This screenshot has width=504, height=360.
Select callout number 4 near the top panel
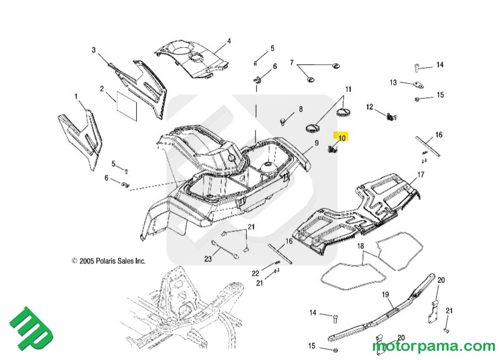point(229,41)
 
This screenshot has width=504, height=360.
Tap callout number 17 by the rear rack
point(421,175)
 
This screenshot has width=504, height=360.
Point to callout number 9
point(317,143)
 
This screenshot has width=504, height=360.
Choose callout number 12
point(369,107)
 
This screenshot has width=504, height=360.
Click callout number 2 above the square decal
point(102,89)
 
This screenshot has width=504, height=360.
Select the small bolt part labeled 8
point(284,121)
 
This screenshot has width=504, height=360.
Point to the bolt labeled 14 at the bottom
point(335,317)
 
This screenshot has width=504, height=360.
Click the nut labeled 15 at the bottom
point(336,349)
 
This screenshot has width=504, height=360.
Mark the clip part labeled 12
point(390,117)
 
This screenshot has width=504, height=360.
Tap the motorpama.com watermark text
point(433,346)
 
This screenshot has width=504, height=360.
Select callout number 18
point(360,246)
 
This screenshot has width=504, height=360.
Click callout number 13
point(393,83)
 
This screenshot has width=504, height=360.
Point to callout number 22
point(256,273)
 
